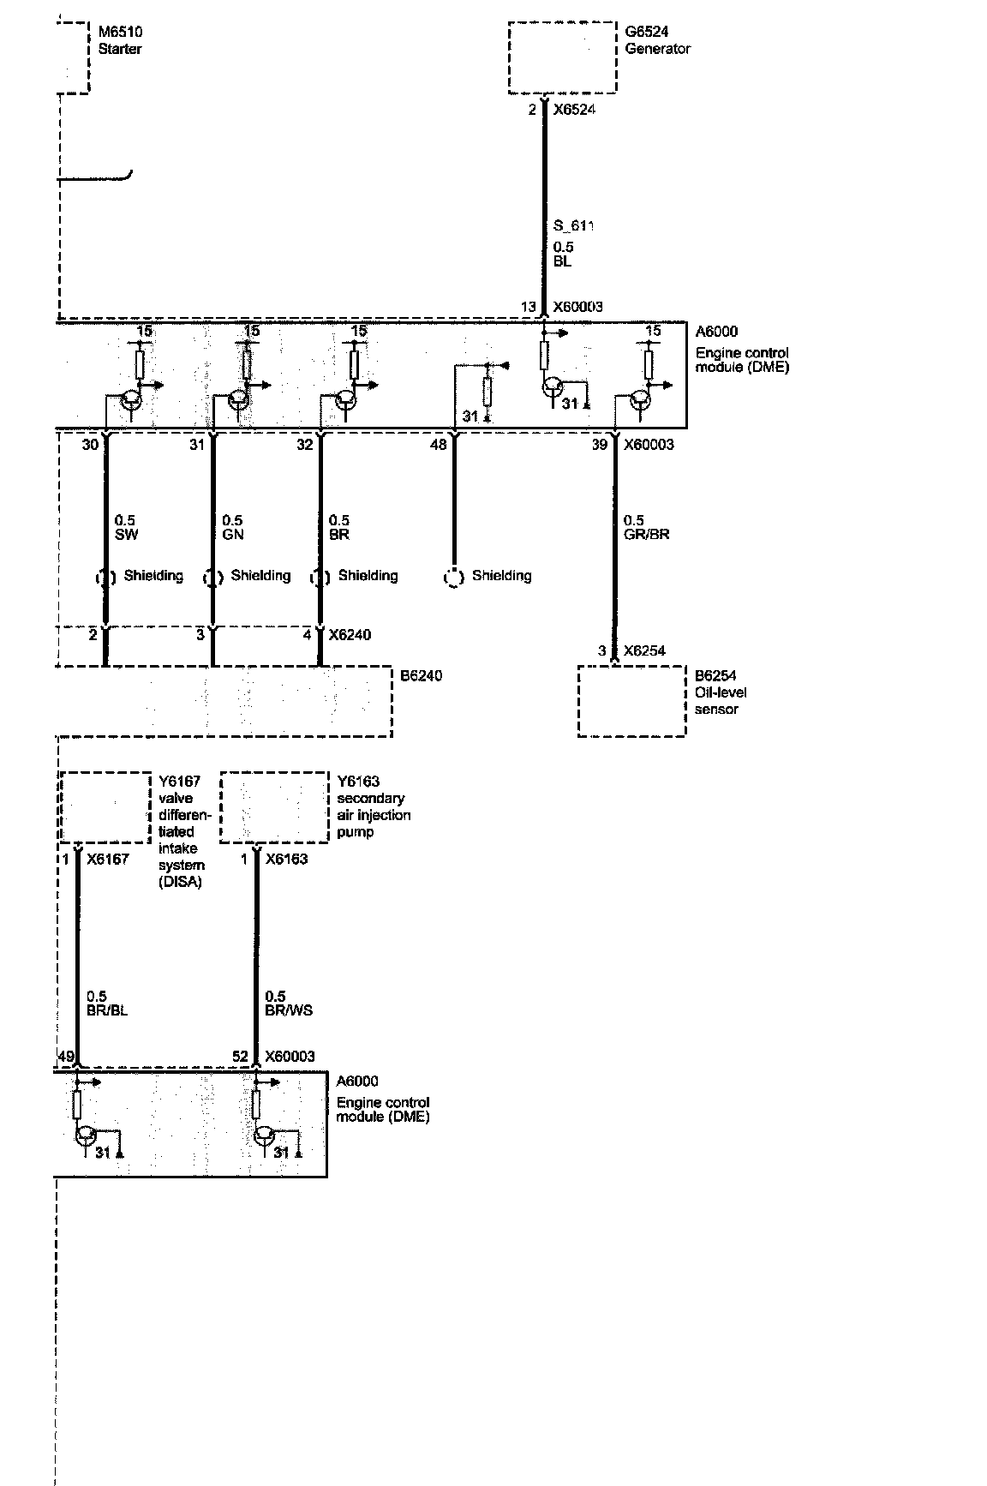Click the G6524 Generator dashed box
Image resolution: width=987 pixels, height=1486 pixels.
562,57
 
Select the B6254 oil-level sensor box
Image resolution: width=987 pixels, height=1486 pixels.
631,701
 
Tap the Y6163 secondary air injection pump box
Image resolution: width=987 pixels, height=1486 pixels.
274,807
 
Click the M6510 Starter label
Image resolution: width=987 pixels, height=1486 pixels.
120,40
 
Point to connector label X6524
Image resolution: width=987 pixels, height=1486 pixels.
573,110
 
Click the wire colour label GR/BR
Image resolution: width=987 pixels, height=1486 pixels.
647,534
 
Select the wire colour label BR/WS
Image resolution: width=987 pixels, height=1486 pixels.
289,1010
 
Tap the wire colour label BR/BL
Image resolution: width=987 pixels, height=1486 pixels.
108,1010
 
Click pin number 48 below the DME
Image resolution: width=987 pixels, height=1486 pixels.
438,445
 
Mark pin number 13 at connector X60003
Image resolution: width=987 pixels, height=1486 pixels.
528,307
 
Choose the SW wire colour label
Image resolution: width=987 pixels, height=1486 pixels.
127,534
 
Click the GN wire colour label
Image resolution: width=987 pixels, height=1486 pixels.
233,534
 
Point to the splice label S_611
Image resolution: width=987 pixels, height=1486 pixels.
573,226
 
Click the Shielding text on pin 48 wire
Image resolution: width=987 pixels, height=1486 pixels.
501,576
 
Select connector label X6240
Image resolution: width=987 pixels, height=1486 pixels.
350,635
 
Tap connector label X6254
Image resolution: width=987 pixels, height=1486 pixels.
644,651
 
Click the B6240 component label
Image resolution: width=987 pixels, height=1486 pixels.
421,676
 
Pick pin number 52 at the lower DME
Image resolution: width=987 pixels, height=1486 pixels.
240,1057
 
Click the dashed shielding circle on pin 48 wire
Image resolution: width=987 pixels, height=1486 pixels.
453,578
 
